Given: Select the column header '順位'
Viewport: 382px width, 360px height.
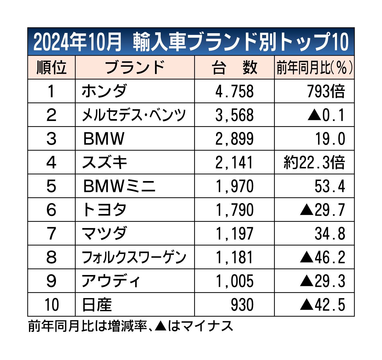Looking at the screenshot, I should (x=51, y=68).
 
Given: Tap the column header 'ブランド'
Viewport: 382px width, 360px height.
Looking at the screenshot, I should (x=135, y=68).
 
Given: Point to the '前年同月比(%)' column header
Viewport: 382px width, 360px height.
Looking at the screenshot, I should (x=314, y=68).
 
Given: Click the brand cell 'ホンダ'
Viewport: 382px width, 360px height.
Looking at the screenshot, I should (x=104, y=91).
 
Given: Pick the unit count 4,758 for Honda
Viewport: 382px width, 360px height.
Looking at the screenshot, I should (x=234, y=91).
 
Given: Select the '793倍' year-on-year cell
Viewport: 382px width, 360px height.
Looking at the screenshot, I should (x=326, y=91).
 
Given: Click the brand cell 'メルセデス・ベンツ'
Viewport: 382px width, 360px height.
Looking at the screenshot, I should (x=134, y=115).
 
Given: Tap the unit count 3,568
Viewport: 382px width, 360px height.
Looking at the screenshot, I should (x=234, y=115).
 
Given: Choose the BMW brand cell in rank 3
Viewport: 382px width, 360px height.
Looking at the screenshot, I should (x=104, y=139).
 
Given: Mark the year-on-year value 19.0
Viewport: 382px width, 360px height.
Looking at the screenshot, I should (x=330, y=139).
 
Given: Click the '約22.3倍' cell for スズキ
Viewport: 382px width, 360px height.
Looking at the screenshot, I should (x=314, y=163).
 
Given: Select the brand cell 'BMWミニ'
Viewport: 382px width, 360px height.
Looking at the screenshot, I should (x=119, y=186).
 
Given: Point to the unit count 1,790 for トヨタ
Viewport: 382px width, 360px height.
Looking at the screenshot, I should (x=234, y=210).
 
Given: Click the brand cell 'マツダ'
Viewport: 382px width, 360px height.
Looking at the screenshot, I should (x=104, y=234).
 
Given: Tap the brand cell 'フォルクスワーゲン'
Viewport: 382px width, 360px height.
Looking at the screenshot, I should (x=134, y=257).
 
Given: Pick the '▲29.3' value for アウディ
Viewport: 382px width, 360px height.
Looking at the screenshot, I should (x=322, y=281).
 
